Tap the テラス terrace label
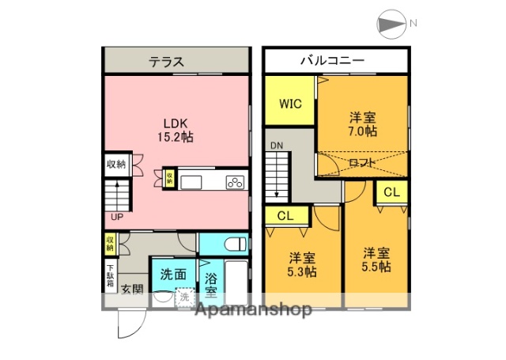(168, 61)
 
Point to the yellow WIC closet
(289, 102)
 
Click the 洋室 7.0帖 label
(363, 124)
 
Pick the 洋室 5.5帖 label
(376, 260)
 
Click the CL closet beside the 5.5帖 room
(391, 192)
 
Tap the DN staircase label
(275, 146)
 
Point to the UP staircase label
(116, 215)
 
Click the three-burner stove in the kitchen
(235, 182)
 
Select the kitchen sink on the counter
(192, 182)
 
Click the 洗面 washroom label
(172, 275)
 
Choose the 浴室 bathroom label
(210, 282)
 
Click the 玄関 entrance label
(131, 290)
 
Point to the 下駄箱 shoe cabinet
(110, 275)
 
